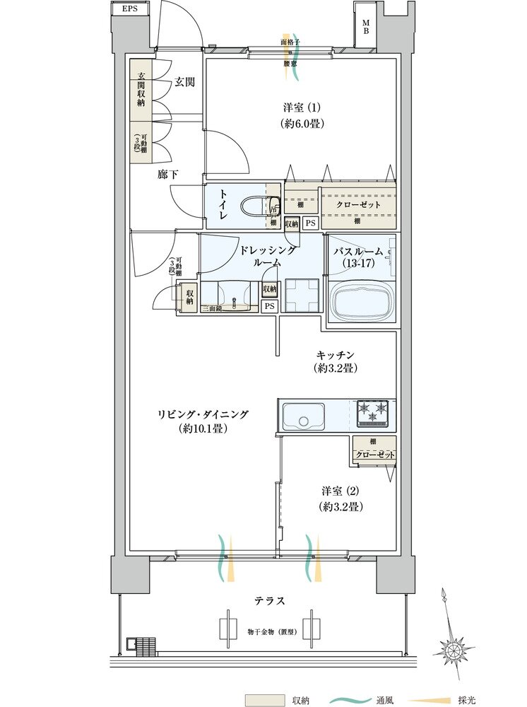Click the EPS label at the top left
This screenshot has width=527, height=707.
[x=129, y=8]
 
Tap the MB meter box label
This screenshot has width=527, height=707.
[x=366, y=27]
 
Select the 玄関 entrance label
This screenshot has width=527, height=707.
[x=184, y=82]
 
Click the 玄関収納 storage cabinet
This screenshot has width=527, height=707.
[x=141, y=89]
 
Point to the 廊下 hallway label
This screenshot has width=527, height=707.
[x=167, y=173]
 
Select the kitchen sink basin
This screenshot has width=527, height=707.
[x=304, y=416]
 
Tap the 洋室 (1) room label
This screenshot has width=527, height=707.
[x=302, y=107]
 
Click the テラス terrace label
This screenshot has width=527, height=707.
[x=270, y=600]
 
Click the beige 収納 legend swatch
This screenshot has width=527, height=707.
[x=264, y=700]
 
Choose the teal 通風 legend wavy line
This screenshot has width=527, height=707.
[x=343, y=700]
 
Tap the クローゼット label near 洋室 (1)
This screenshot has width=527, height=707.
[x=357, y=204]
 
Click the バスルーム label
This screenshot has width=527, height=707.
[x=358, y=251]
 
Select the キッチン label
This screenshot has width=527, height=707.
[x=335, y=355]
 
